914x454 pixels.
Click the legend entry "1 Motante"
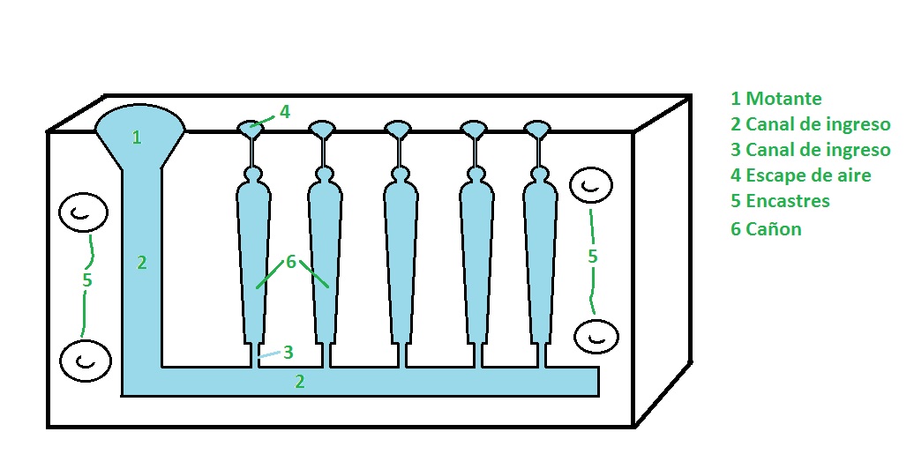click(x=775, y=99)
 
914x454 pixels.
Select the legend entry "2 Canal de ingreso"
click(x=810, y=124)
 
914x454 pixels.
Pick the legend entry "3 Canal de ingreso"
click(x=810, y=150)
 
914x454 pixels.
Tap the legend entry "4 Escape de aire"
click(x=801, y=175)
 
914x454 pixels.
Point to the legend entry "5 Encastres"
click(x=780, y=200)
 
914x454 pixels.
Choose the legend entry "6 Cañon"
click(x=766, y=228)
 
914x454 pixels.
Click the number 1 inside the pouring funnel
click(x=137, y=138)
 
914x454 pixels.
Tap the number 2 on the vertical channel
click(x=142, y=263)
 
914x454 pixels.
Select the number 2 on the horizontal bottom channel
click(x=300, y=382)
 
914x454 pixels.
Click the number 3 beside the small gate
click(x=288, y=352)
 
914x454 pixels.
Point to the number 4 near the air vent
click(x=284, y=111)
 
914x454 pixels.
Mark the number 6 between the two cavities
click(x=291, y=262)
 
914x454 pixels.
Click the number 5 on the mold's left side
click(x=86, y=280)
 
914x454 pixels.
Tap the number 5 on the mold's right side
click(x=592, y=257)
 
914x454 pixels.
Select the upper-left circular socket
click(x=83, y=213)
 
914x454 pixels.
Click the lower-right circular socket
click(x=596, y=337)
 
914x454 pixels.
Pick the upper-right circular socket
click(x=590, y=186)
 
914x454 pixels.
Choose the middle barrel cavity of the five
click(x=401, y=257)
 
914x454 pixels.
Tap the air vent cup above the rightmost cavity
click(x=537, y=130)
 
